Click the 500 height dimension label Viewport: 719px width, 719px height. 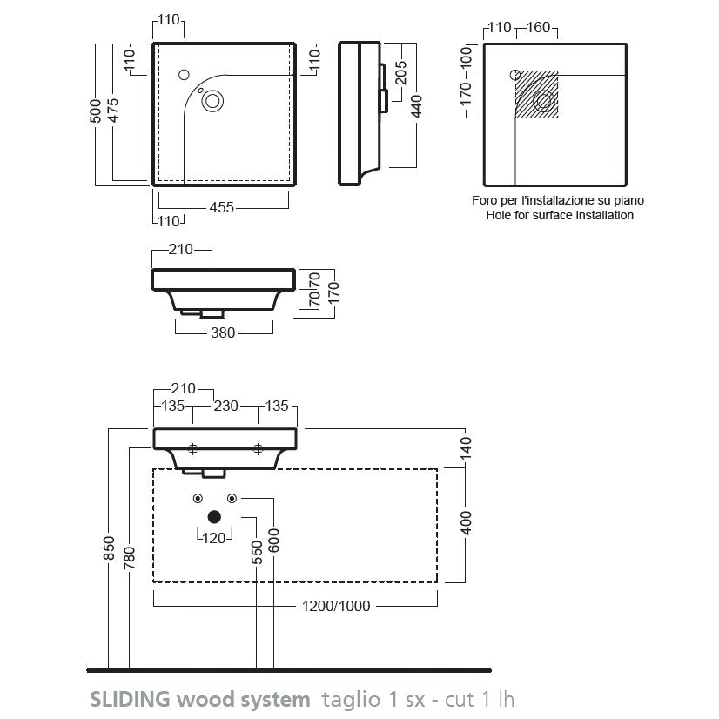96,111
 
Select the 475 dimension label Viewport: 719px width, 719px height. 113,111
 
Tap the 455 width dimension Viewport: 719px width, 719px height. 221,208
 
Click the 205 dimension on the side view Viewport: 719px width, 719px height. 400,72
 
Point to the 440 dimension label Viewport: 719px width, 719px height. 416,106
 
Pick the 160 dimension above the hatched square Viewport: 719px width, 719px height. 538,28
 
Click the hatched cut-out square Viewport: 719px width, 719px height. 537,95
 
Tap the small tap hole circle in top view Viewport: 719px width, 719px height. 184,75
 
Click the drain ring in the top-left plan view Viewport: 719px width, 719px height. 212,101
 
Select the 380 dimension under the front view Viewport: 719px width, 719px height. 223,333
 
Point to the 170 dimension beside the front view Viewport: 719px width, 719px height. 334,292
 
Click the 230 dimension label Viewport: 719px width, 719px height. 226,406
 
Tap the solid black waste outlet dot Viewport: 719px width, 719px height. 214,517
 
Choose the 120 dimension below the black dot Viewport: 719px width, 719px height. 214,538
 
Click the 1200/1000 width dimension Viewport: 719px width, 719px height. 336,606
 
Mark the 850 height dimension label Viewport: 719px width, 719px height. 109,548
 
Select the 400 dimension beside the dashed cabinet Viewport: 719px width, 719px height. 466,523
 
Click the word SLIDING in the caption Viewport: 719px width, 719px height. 131,700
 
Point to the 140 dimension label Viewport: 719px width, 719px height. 466,448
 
